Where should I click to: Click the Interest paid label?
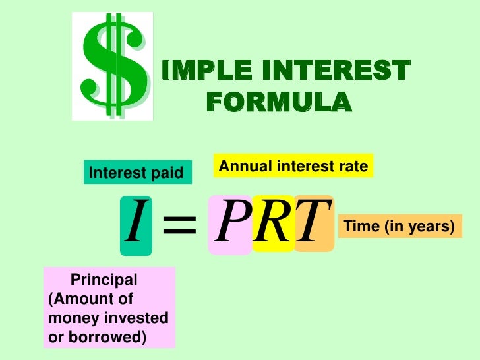135,173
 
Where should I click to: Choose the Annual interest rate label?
293,167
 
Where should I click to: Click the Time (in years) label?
400,227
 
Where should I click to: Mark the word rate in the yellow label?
352,167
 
